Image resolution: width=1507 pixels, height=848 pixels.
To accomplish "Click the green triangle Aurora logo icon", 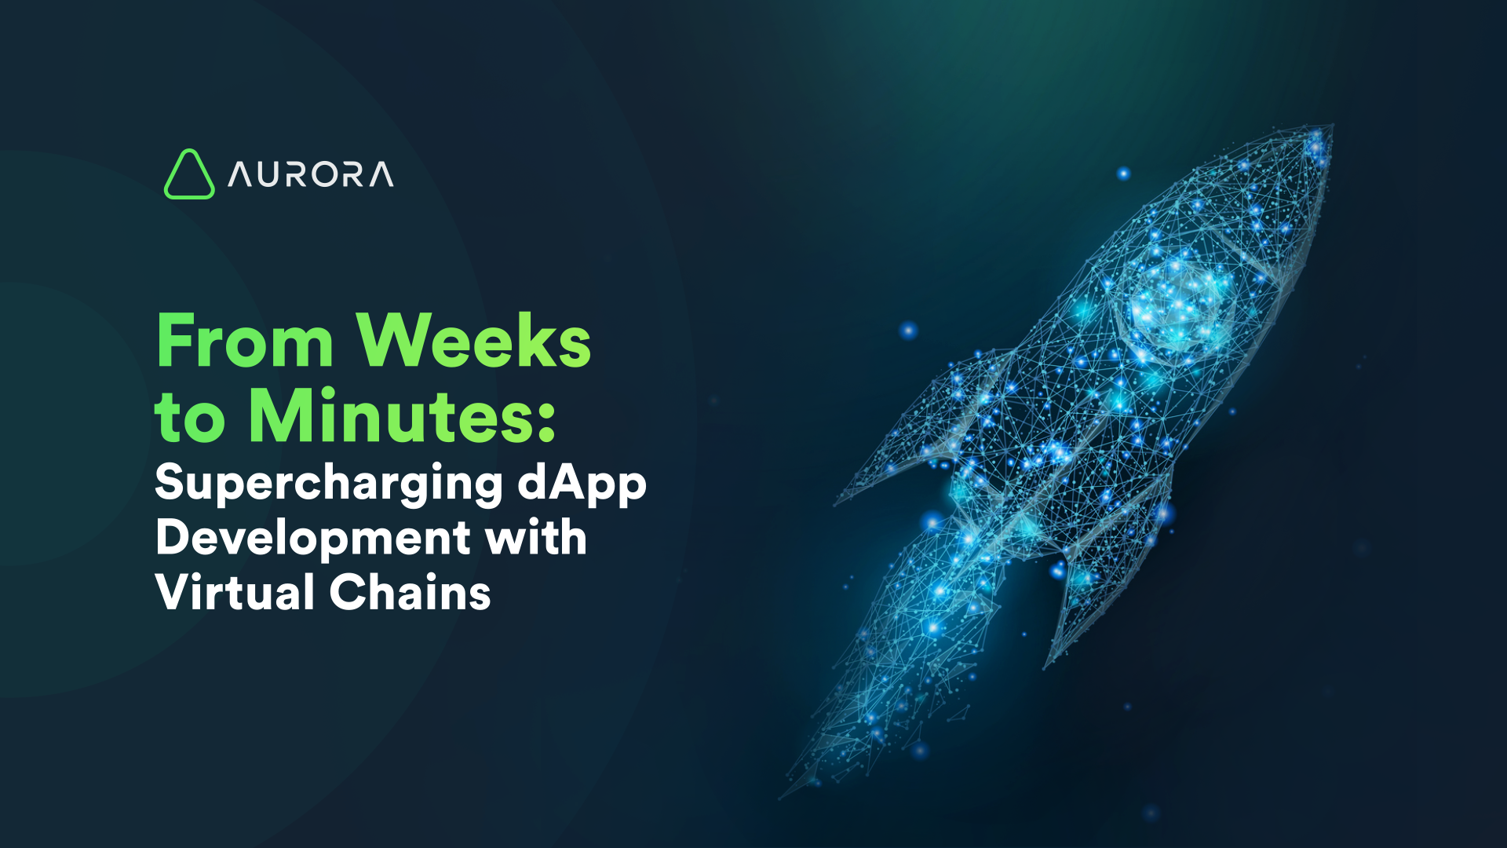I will [x=188, y=175].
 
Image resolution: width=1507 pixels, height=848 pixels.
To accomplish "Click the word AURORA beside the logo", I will [x=311, y=174].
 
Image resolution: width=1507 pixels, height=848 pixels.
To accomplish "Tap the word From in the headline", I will [x=245, y=341].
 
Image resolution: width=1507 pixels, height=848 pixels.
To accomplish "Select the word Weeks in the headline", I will [x=473, y=341].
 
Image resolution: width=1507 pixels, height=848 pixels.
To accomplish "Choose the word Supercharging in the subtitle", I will [x=328, y=483].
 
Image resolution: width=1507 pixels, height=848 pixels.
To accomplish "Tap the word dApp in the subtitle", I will [x=582, y=483].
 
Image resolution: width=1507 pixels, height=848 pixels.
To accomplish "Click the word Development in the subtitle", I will [x=312, y=539].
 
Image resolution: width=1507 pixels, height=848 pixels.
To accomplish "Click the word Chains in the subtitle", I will [x=410, y=592].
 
